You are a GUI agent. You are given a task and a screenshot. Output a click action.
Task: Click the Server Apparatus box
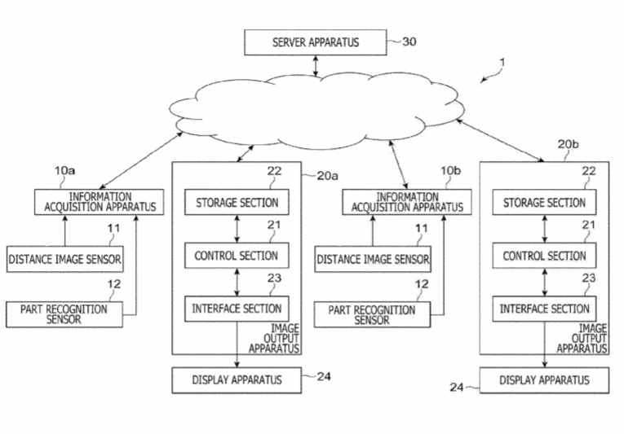[314, 42]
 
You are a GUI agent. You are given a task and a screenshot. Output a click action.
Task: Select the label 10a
[65, 171]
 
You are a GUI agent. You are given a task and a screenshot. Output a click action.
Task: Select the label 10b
[450, 171]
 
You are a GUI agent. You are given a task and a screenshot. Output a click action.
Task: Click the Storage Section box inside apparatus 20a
[237, 203]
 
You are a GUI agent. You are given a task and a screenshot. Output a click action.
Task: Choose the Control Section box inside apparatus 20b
[544, 256]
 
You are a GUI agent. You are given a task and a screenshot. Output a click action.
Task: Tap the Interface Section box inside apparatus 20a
[237, 309]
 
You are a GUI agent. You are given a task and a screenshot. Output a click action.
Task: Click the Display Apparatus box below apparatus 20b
[544, 379]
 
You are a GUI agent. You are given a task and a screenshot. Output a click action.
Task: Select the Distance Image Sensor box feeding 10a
[65, 260]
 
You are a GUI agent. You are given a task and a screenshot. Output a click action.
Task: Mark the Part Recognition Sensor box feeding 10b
[372, 313]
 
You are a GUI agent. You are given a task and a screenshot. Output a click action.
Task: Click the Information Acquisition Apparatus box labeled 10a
[100, 202]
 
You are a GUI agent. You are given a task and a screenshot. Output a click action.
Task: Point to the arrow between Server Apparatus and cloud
[315, 65]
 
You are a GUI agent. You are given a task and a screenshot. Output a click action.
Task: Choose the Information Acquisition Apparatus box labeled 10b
[407, 202]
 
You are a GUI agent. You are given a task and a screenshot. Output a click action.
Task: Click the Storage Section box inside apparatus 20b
[544, 203]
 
